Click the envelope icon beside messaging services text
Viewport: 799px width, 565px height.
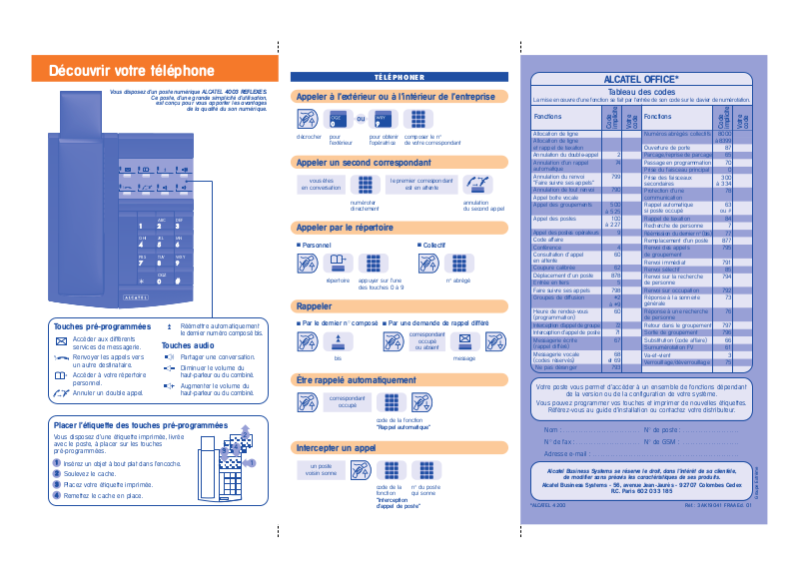click(x=61, y=340)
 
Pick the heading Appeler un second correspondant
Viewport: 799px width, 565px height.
click(x=357, y=162)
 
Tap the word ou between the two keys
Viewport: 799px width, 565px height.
click(x=361, y=118)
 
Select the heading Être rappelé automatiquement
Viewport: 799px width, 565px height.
click(x=356, y=380)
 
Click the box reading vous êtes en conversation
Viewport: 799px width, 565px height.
click(x=320, y=183)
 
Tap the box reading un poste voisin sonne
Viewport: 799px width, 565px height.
click(x=321, y=470)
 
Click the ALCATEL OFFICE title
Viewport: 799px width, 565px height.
click(x=642, y=78)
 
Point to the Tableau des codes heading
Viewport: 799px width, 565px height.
click(x=642, y=92)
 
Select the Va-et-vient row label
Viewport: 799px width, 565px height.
click(x=658, y=354)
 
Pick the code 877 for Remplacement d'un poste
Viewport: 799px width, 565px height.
click(x=726, y=241)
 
